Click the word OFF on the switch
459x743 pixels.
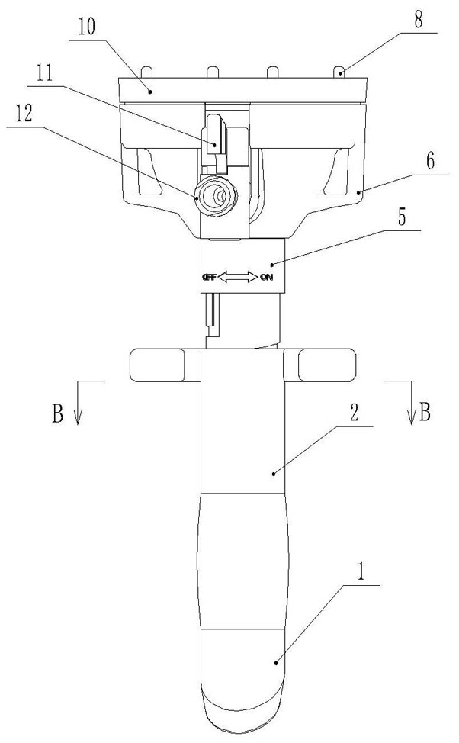point(209,278)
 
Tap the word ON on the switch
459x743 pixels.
point(266,278)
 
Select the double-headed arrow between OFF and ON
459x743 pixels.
point(238,278)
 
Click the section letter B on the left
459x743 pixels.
point(56,413)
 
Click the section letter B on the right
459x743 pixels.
point(425,413)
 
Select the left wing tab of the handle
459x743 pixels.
point(158,365)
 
